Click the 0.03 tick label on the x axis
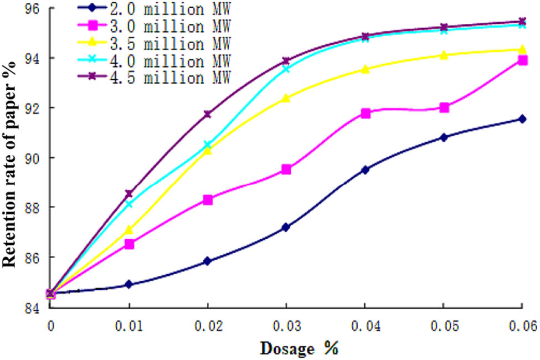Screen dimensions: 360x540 [286, 326]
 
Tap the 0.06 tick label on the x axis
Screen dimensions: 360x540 [521, 326]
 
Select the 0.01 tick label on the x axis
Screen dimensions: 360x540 [129, 326]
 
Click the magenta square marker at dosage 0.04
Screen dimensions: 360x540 [365, 113]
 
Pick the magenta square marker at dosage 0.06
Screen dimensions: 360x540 [522, 60]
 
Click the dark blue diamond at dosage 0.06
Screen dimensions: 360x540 [522, 119]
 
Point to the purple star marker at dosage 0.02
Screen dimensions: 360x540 [208, 114]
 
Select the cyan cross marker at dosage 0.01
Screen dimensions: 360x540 [129, 204]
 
